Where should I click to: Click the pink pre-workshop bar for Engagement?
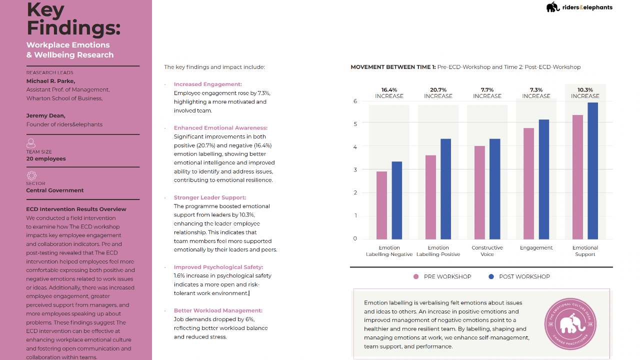[528, 183]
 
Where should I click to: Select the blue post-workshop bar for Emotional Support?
[592, 170]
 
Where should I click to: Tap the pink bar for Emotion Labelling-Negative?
[381, 205]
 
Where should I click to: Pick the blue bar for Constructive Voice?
[494, 188]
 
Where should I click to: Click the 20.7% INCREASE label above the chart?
[438, 93]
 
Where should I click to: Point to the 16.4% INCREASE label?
[389, 93]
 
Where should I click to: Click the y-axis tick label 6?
[355, 101]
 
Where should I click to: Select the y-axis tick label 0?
[355, 238]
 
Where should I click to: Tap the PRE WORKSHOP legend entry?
[442, 276]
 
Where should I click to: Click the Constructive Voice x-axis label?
[487, 251]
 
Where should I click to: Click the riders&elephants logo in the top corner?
[579, 7]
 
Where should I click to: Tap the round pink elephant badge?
[569, 323]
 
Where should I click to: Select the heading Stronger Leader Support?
[210, 197]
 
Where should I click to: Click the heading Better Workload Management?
[218, 310]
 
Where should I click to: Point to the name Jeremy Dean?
[46, 115]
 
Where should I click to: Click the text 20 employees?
[46, 159]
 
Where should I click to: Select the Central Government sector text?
[55, 190]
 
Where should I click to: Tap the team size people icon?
[31, 143]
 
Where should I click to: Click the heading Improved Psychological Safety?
[218, 267]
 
